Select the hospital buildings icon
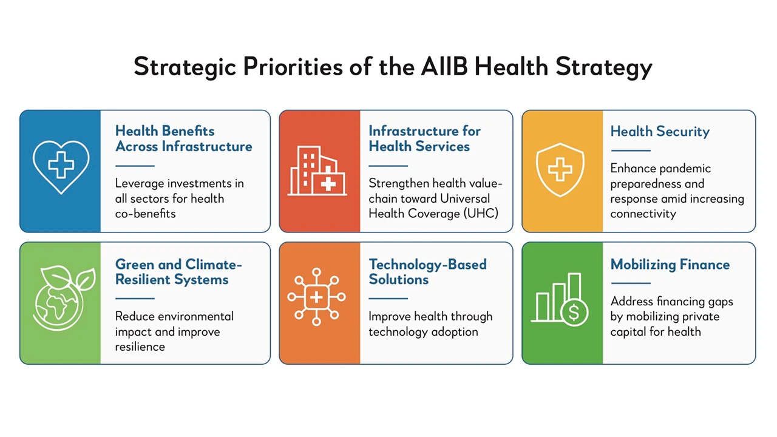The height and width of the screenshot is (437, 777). click(317, 171)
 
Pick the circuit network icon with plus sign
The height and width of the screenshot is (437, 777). click(316, 297)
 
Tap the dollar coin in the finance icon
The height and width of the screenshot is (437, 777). click(574, 312)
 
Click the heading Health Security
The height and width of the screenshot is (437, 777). click(660, 132)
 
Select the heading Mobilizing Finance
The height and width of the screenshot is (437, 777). click(670, 265)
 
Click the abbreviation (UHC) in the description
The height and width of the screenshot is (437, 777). click(481, 213)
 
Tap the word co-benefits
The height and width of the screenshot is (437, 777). click(145, 214)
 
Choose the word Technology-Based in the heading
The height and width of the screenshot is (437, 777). click(427, 265)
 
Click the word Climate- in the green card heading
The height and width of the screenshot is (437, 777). click(214, 264)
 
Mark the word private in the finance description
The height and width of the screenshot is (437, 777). click(700, 317)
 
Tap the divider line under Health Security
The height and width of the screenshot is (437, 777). click(631, 151)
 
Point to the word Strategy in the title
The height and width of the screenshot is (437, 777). click(604, 67)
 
